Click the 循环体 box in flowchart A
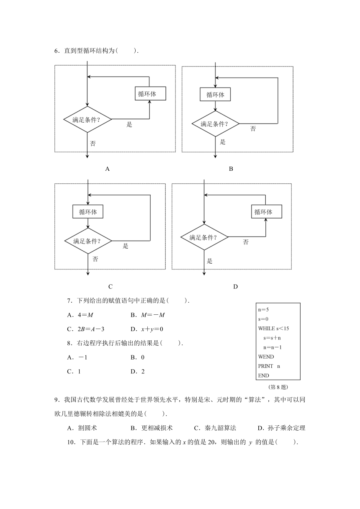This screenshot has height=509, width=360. (x=150, y=93)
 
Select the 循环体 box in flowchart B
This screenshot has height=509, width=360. (x=215, y=94)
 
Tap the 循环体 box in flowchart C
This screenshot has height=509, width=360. (x=88, y=211)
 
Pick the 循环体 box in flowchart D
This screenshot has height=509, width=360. (x=266, y=211)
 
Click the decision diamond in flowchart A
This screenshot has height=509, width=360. (x=87, y=119)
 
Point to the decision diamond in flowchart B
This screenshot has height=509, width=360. (x=215, y=123)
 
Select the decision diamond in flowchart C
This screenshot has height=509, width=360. (x=88, y=241)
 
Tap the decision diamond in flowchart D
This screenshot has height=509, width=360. (x=204, y=237)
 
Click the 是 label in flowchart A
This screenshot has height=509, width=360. (x=129, y=124)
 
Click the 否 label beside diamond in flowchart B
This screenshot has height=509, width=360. (x=253, y=129)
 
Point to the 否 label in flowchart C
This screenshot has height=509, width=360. (x=95, y=259)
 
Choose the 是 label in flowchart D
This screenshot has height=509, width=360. (x=209, y=261)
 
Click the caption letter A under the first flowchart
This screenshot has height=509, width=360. (x=107, y=169)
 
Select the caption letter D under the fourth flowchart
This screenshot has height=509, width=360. (x=235, y=287)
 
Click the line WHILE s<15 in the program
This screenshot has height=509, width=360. (x=273, y=328)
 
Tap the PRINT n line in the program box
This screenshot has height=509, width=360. (x=269, y=366)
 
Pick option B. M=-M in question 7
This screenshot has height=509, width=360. (x=148, y=315)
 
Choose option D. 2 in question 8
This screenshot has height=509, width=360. (x=137, y=371)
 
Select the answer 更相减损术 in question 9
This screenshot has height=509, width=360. (x=157, y=428)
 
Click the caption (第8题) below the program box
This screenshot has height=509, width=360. (x=278, y=387)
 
